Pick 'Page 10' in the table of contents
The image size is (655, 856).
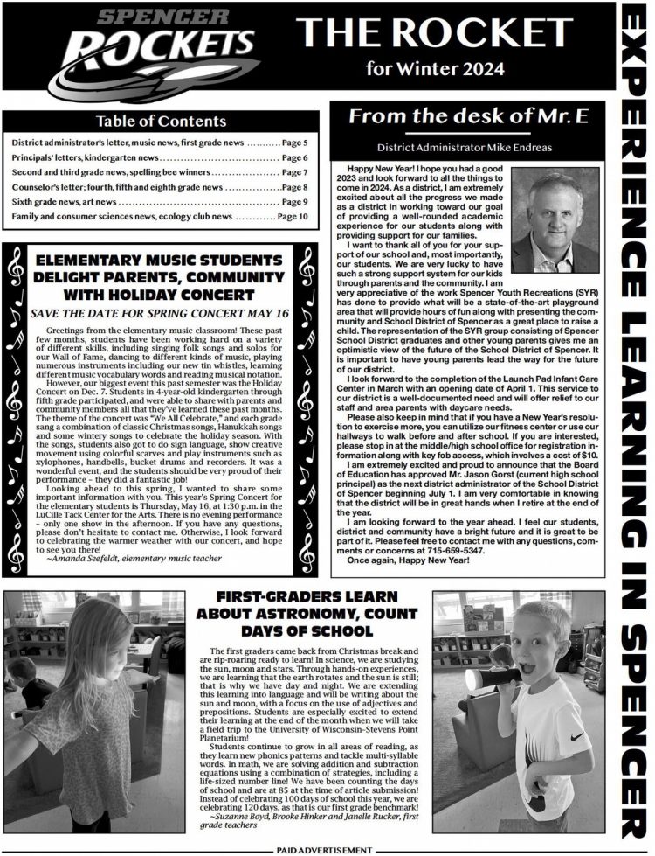[292, 216]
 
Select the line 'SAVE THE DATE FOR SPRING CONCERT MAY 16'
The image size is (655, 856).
[160, 312]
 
